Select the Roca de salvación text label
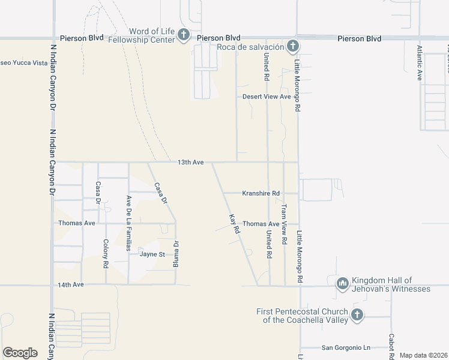(x=251, y=47)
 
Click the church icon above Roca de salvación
(x=292, y=46)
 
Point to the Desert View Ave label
(x=267, y=97)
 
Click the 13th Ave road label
(x=191, y=162)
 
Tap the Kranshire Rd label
(x=261, y=193)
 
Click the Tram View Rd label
(x=285, y=223)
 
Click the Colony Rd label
(x=106, y=253)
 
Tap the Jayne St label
(x=152, y=254)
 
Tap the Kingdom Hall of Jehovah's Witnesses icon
(x=343, y=283)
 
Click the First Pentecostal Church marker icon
(x=357, y=314)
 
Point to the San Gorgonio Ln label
(x=346, y=347)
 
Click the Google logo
(x=20, y=353)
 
